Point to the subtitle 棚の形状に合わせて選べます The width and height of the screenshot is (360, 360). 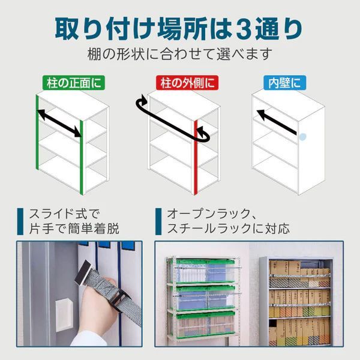click(x=180, y=53)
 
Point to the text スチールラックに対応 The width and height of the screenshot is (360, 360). click(x=229, y=229)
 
